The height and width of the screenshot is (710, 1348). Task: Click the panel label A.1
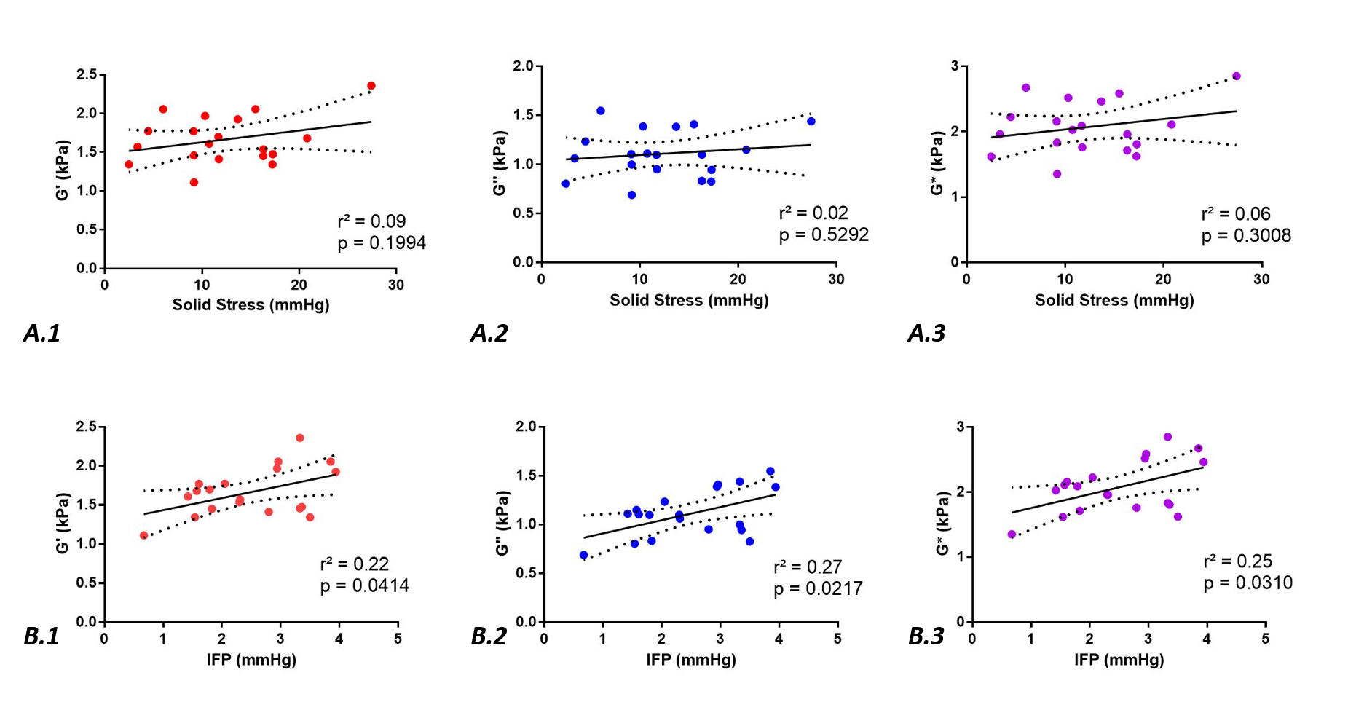(x=42, y=333)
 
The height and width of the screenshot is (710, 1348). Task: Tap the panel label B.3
(x=926, y=636)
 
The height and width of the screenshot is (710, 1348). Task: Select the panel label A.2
(x=489, y=333)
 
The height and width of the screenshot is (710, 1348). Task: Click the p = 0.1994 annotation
(x=382, y=243)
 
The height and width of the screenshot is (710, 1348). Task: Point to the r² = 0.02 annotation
(x=813, y=213)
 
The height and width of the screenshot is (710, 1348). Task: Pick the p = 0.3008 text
(x=1246, y=235)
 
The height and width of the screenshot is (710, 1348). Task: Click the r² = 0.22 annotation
(x=355, y=564)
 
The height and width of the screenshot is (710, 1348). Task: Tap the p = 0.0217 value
(x=818, y=588)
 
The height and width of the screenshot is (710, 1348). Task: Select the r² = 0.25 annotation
(x=1238, y=561)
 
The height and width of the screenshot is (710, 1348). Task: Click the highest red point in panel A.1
(x=371, y=86)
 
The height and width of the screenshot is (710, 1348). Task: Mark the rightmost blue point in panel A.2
(x=811, y=122)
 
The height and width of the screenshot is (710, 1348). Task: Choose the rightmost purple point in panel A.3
(x=1236, y=76)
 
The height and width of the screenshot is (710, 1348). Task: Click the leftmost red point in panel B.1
(x=144, y=535)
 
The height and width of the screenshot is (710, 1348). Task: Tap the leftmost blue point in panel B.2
(x=583, y=555)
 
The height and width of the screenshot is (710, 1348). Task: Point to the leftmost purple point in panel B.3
(x=1012, y=535)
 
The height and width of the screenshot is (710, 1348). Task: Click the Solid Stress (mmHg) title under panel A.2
(x=689, y=300)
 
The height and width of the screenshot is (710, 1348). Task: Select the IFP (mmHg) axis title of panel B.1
(x=251, y=660)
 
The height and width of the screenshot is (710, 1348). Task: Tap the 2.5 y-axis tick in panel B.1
(x=87, y=427)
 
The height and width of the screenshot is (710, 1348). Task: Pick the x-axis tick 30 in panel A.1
(x=395, y=285)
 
